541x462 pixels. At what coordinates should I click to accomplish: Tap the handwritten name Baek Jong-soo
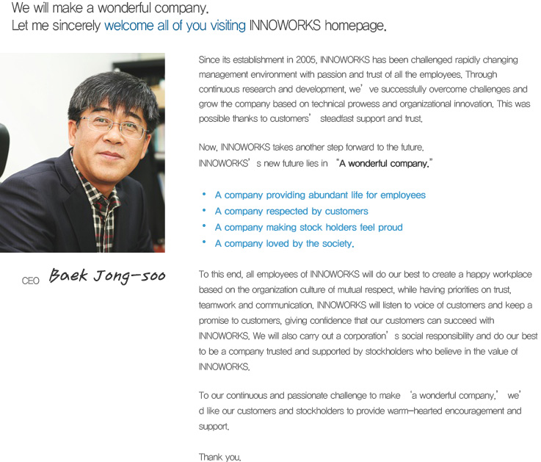[x=107, y=277]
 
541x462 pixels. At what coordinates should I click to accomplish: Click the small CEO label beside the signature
[x=30, y=281]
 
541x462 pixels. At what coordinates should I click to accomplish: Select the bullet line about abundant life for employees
[x=320, y=195]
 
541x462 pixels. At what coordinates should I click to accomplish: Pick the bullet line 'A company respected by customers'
[x=291, y=212]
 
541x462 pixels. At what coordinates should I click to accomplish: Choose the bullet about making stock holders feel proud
[x=308, y=228]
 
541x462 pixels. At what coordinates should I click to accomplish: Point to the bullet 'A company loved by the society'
[x=284, y=244]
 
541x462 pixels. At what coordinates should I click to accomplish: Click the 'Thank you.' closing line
[x=219, y=457]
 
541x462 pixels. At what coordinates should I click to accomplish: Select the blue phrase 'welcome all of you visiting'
[x=175, y=26]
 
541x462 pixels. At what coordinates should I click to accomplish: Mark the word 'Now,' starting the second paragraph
[x=208, y=148]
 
